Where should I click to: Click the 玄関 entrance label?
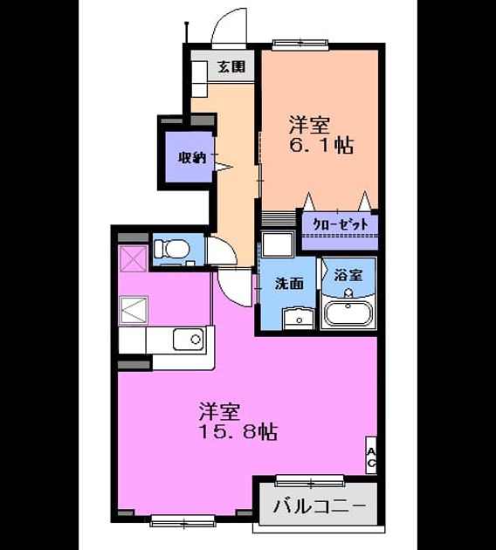coord(231,66)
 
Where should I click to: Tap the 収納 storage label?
coord(191,158)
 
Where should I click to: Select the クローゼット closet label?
coord(341,223)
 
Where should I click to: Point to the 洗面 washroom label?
coord(289,284)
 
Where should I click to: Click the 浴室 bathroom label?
coord(348,275)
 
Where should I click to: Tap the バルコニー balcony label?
coord(320,505)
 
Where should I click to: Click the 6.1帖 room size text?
coord(321,145)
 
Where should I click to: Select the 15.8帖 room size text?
coord(238,432)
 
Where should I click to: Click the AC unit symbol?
coord(371,455)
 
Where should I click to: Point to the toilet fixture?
coord(172,249)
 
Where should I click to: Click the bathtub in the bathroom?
coord(348,314)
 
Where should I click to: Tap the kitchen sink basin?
coord(189,340)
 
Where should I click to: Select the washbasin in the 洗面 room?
coord(299,318)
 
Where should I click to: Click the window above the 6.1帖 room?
coord(301,43)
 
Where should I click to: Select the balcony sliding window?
coord(310,480)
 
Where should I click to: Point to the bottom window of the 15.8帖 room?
coord(183,520)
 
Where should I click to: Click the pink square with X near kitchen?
coord(134,259)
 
